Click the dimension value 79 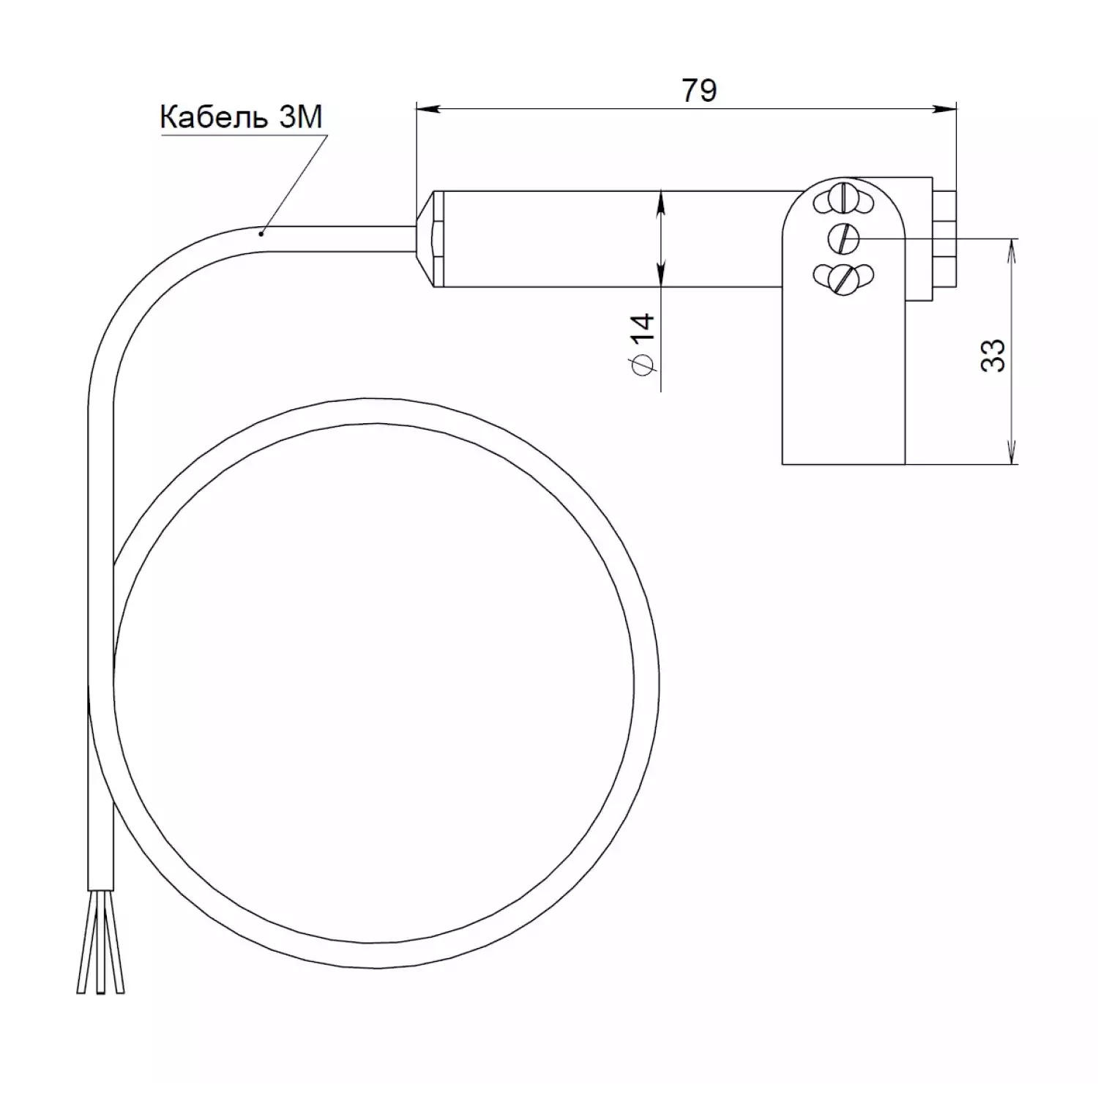699,90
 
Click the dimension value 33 993,355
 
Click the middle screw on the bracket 843,237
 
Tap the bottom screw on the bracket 844,277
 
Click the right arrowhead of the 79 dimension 944,110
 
